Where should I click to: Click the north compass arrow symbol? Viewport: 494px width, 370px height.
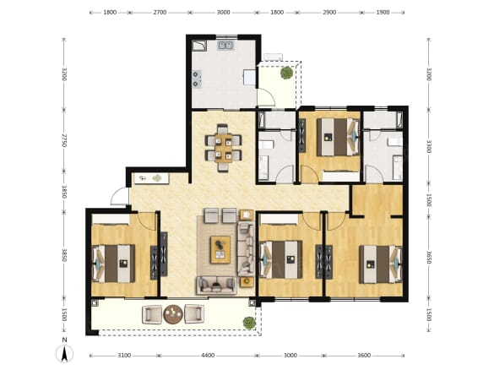64,353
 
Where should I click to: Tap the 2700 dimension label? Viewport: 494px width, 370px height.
160,13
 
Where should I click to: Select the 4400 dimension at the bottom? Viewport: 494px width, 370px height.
208,355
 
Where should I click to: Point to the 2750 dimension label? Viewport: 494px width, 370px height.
64,140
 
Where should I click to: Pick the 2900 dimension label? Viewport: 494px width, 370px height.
329,13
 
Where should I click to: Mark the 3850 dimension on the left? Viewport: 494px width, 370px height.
64,255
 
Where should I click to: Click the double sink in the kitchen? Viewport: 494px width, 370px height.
225,45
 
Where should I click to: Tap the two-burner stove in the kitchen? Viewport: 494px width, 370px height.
197,79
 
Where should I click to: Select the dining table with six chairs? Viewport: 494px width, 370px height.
223,148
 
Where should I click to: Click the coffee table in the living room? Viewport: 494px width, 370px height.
220,249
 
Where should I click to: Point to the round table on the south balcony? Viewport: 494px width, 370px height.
173,314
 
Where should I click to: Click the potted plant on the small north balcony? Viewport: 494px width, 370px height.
287,73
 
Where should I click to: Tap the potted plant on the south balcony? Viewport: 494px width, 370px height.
249,323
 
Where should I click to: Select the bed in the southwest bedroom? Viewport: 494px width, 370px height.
113,264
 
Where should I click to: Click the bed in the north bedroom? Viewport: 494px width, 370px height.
338,137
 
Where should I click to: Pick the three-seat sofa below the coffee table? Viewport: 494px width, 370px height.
216,286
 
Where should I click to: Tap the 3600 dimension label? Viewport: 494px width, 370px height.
364,355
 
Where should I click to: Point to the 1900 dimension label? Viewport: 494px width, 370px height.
383,13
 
